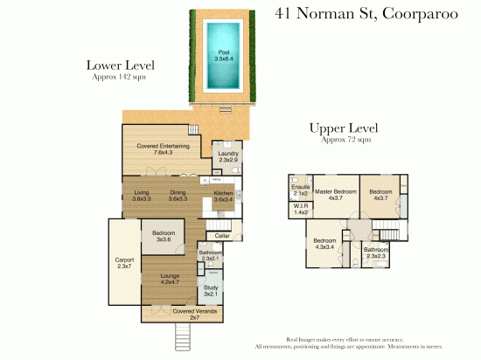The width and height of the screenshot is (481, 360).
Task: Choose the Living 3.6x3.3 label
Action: (x=142, y=197)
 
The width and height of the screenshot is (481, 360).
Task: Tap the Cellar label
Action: (x=223, y=235)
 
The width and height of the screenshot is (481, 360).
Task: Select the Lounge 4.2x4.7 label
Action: (x=170, y=280)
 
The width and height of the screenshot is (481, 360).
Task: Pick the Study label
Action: (x=211, y=290)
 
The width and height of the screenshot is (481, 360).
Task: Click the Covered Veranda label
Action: (x=194, y=312)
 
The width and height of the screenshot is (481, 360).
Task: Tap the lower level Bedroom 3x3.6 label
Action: (x=163, y=235)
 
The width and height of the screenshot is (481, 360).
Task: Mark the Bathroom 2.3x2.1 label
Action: (x=211, y=256)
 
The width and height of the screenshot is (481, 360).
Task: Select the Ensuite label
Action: (x=299, y=190)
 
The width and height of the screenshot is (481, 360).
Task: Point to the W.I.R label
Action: (x=299, y=210)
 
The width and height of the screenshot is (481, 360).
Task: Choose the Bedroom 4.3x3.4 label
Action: (x=324, y=243)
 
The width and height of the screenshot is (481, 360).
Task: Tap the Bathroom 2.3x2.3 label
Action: (x=376, y=253)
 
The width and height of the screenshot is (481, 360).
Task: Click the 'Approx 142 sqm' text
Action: (x=119, y=78)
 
